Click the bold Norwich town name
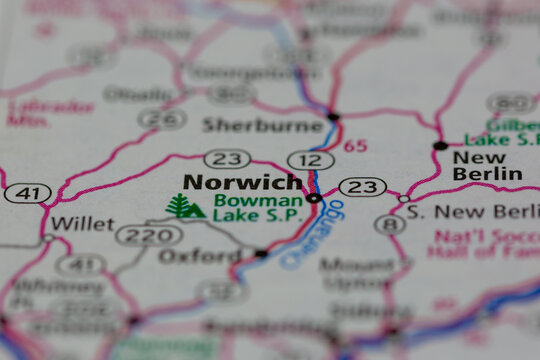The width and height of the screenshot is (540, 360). pos(241,183)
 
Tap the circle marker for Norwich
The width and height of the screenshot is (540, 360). pos(314,198)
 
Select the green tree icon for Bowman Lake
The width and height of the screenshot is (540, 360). pos(184,207)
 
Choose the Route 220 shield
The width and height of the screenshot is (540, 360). pos(149,235)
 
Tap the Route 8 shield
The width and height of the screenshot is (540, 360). pos(390,224)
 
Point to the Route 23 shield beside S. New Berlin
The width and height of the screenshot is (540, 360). pos(362,187)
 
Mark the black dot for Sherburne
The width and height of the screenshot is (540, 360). pos(333,117)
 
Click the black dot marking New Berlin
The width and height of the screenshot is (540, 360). pos(440,146)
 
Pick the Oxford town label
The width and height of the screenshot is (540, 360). pos(200,256)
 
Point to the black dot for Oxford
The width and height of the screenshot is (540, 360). pos(261,253)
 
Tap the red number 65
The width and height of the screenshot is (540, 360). pos(355,145)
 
